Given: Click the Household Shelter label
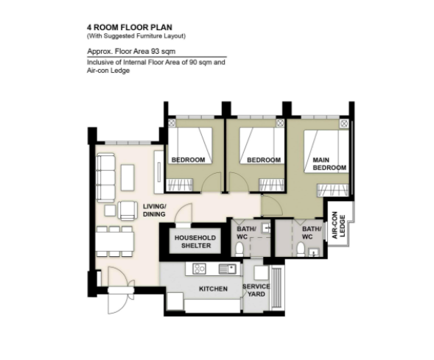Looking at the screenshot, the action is pos(195,241).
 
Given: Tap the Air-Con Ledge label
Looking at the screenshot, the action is pos(338,225).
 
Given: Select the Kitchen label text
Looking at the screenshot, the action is pos(213,289).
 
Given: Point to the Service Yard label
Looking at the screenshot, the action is pos(256,290).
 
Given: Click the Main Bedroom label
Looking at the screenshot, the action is pos(329,164).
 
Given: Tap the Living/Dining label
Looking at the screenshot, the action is pos(155,211).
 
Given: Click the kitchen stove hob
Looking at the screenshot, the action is pos(199,269).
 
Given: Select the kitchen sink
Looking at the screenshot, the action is pos(228,269).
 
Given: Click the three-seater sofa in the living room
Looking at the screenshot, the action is pos(105,177).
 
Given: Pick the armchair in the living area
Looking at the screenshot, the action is pos(127,211).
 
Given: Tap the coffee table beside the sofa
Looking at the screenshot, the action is pos(127,177).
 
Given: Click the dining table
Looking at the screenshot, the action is pos(115,241).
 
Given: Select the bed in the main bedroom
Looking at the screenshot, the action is pos(326,152).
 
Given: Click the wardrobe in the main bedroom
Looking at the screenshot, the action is pos(333,190).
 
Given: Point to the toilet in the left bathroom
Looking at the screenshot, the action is pos(239,249).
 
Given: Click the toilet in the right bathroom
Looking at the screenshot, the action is pos(301,249).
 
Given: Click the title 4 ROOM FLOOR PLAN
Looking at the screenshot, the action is pos(130,27).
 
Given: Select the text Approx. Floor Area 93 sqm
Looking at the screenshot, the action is pos(131,52).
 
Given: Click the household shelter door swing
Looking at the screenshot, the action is pos(184,212).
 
